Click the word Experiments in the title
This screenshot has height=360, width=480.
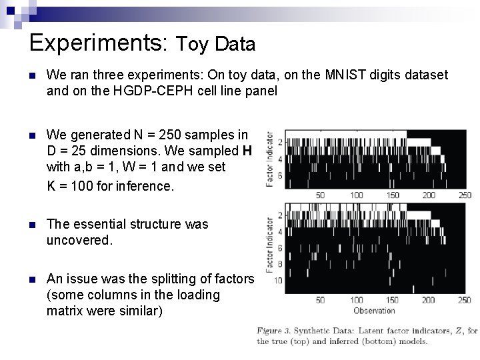coord(99,43)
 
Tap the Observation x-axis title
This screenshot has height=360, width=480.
coord(373,310)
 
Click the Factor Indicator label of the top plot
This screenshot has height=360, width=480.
coord(269,159)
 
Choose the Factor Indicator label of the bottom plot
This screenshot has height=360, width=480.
coord(269,244)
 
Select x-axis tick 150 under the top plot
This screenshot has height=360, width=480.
coord(393,195)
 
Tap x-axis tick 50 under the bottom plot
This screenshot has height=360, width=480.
coord(320,300)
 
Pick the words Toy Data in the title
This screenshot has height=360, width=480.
coord(215,45)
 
